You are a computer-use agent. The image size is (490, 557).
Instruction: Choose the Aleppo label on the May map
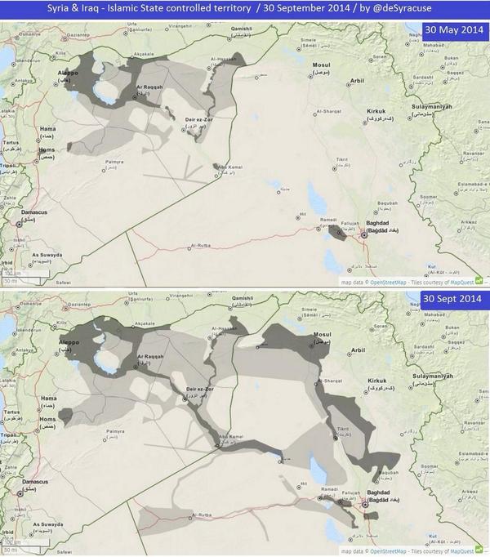tap(69, 73)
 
